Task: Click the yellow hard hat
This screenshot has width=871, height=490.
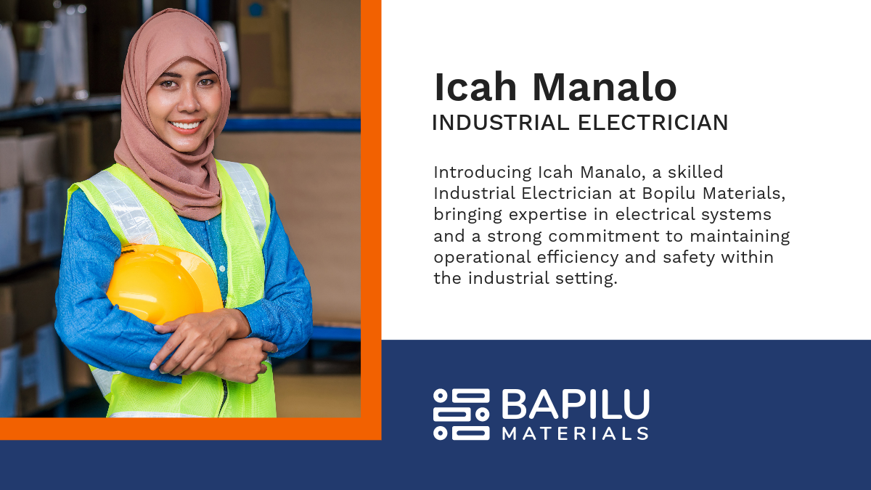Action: coord(163,284)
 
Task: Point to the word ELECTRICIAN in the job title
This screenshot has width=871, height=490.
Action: coord(653,123)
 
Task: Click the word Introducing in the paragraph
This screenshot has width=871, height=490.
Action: coord(483,173)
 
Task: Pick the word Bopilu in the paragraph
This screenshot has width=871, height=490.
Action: coord(668,193)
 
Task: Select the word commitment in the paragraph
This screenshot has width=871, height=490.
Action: coord(604,236)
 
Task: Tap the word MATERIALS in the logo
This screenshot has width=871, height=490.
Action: coord(576,433)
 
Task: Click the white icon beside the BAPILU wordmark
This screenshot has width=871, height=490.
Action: coord(462,415)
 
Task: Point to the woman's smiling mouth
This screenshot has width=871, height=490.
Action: coord(186,126)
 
